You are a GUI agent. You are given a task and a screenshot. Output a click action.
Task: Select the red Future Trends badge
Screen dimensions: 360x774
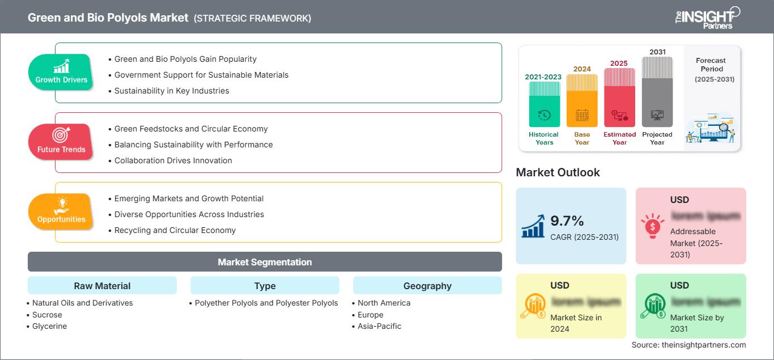pos(61,142)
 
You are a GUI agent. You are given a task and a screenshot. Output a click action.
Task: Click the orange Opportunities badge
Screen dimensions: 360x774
pos(61,211)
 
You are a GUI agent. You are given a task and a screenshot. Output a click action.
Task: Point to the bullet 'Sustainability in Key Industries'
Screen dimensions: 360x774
pos(172,91)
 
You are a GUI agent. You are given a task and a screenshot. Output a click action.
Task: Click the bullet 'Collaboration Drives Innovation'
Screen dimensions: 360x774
pos(173,160)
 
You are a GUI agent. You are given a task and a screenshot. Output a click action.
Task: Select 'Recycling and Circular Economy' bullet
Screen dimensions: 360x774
pos(175,230)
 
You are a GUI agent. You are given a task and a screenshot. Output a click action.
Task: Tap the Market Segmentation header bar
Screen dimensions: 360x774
pos(265,262)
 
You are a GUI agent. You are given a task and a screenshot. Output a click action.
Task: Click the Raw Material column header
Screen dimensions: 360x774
pos(102,286)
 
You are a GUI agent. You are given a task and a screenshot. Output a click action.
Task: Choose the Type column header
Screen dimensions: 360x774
pos(265,286)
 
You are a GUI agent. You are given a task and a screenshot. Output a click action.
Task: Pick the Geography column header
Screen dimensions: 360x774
pos(427,286)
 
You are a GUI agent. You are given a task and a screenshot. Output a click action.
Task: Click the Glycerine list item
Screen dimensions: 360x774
pos(49,326)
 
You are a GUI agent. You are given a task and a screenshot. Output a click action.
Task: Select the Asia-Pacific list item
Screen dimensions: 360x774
pos(379,326)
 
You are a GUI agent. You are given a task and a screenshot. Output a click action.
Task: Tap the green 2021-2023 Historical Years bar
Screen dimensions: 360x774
pos(544,105)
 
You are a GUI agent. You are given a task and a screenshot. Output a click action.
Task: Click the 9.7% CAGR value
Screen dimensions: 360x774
pos(567,221)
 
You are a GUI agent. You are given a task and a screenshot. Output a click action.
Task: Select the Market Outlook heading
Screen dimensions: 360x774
pos(558,172)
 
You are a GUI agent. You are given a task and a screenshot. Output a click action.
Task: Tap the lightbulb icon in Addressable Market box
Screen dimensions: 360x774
pos(652,226)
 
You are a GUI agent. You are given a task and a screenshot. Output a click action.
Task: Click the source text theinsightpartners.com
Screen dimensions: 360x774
pos(688,345)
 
